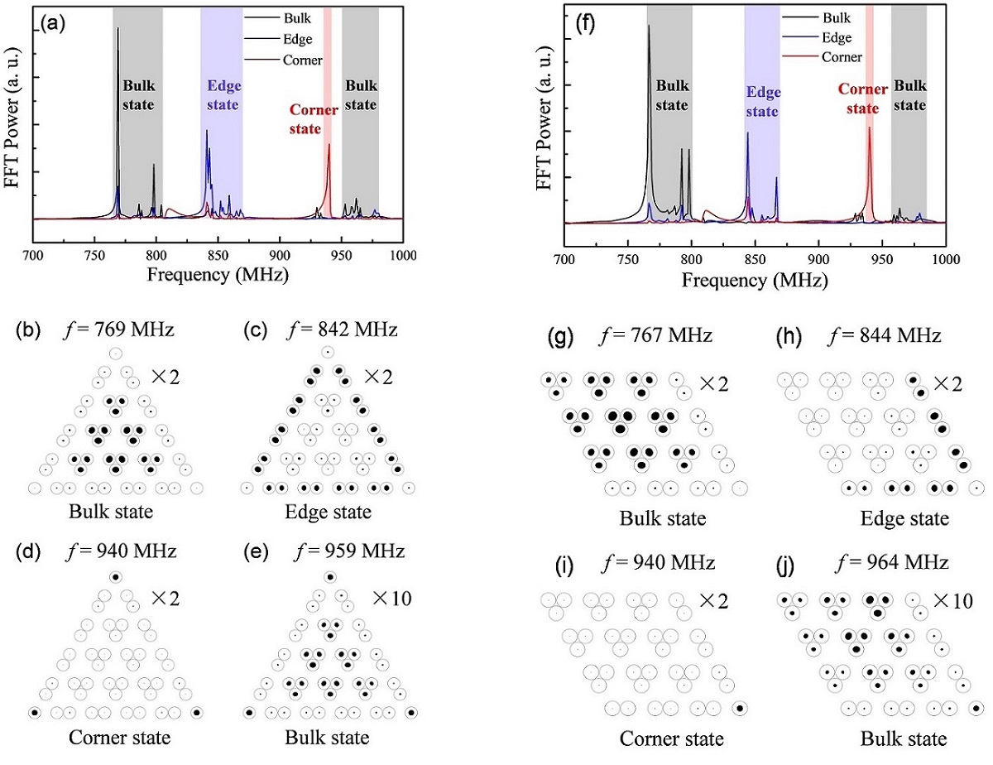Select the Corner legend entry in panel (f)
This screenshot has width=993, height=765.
pyautogui.click(x=842, y=57)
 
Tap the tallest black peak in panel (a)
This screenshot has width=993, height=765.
pyautogui.click(x=118, y=30)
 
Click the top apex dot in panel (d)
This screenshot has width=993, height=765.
pyautogui.click(x=116, y=576)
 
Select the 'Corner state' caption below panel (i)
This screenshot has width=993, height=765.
pyautogui.click(x=671, y=739)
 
